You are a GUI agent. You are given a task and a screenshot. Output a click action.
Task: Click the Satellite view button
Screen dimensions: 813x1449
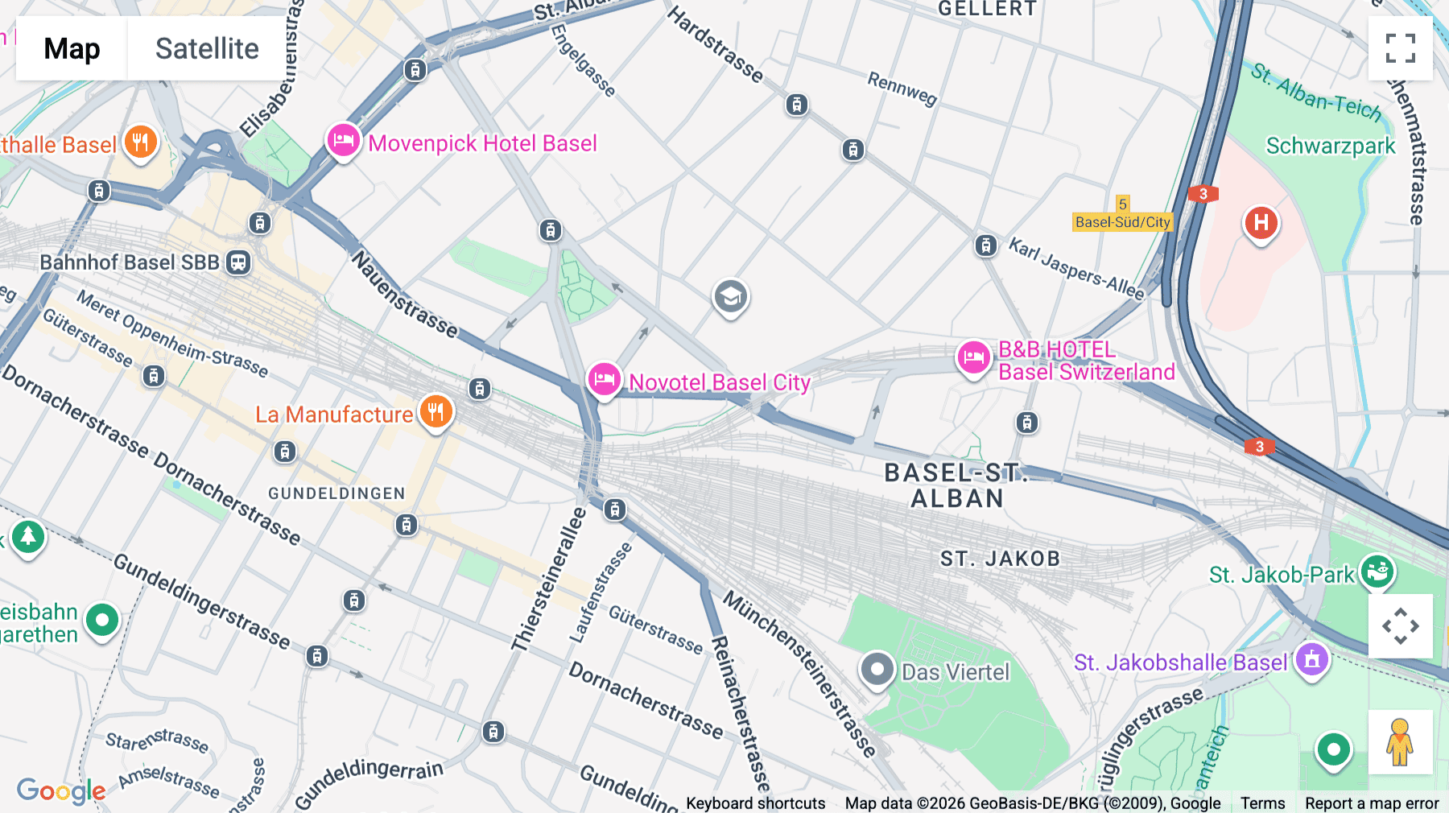pyautogui.click(x=207, y=48)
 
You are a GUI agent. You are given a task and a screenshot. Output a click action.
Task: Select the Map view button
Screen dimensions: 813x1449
pyautogui.click(x=72, y=48)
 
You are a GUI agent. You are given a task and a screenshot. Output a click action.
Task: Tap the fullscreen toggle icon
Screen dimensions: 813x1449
pyautogui.click(x=1400, y=48)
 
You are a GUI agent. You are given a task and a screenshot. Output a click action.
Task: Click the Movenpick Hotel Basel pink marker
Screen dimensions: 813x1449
pyautogui.click(x=343, y=141)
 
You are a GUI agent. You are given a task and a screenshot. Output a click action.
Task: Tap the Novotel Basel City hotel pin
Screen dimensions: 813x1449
pyautogui.click(x=604, y=379)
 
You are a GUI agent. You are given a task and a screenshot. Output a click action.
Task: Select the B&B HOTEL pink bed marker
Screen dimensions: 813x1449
pyautogui.click(x=973, y=357)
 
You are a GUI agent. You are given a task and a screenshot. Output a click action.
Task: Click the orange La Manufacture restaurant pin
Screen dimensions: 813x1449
pyautogui.click(x=436, y=412)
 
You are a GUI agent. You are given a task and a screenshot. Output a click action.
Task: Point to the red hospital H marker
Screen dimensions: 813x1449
pyautogui.click(x=1261, y=222)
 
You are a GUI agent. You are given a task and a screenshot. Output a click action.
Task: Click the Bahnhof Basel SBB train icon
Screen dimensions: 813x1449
pyautogui.click(x=238, y=262)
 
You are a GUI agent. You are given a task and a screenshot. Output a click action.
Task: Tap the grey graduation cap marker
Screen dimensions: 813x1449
pyautogui.click(x=730, y=297)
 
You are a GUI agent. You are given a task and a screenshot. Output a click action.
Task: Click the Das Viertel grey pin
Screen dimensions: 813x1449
pyautogui.click(x=877, y=669)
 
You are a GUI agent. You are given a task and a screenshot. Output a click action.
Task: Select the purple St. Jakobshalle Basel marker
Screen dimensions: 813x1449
pyautogui.click(x=1311, y=660)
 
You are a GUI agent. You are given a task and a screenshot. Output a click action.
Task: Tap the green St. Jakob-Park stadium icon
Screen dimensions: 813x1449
pyautogui.click(x=1377, y=572)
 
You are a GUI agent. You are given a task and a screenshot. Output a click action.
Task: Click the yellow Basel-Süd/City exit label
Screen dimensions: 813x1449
pyautogui.click(x=1122, y=222)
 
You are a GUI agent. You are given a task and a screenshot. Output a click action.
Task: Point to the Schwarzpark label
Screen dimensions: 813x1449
pyautogui.click(x=1330, y=146)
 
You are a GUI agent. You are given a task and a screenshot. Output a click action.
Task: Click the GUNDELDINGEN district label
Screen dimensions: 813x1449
pyautogui.click(x=336, y=493)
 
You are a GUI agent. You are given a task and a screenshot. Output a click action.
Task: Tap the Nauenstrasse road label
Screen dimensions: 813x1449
pyautogui.click(x=404, y=295)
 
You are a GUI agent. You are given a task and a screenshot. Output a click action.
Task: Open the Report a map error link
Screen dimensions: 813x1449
pyautogui.click(x=1372, y=803)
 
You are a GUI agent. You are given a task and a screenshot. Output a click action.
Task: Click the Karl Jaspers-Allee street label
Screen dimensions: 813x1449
pyautogui.click(x=1076, y=269)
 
